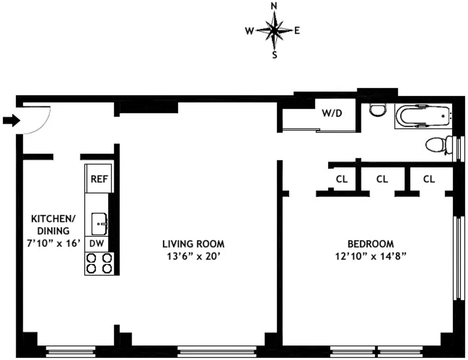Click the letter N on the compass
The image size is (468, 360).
[x=274, y=6]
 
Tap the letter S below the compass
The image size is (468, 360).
[x=274, y=55]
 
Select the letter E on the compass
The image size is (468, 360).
[x=297, y=31]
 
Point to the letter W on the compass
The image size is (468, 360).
[x=249, y=31]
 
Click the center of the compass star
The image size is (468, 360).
[x=274, y=31]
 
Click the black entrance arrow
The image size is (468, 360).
[x=9, y=120]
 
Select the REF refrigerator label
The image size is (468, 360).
[x=99, y=179]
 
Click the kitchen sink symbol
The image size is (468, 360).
[x=99, y=224]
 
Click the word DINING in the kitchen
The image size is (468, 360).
[x=54, y=231]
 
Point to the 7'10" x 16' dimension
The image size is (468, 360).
[x=54, y=243]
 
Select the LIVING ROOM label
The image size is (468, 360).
[x=193, y=244]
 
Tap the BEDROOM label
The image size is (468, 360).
[x=370, y=244]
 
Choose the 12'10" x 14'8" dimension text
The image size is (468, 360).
[x=370, y=256]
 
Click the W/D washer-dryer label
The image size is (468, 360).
[x=332, y=113]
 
